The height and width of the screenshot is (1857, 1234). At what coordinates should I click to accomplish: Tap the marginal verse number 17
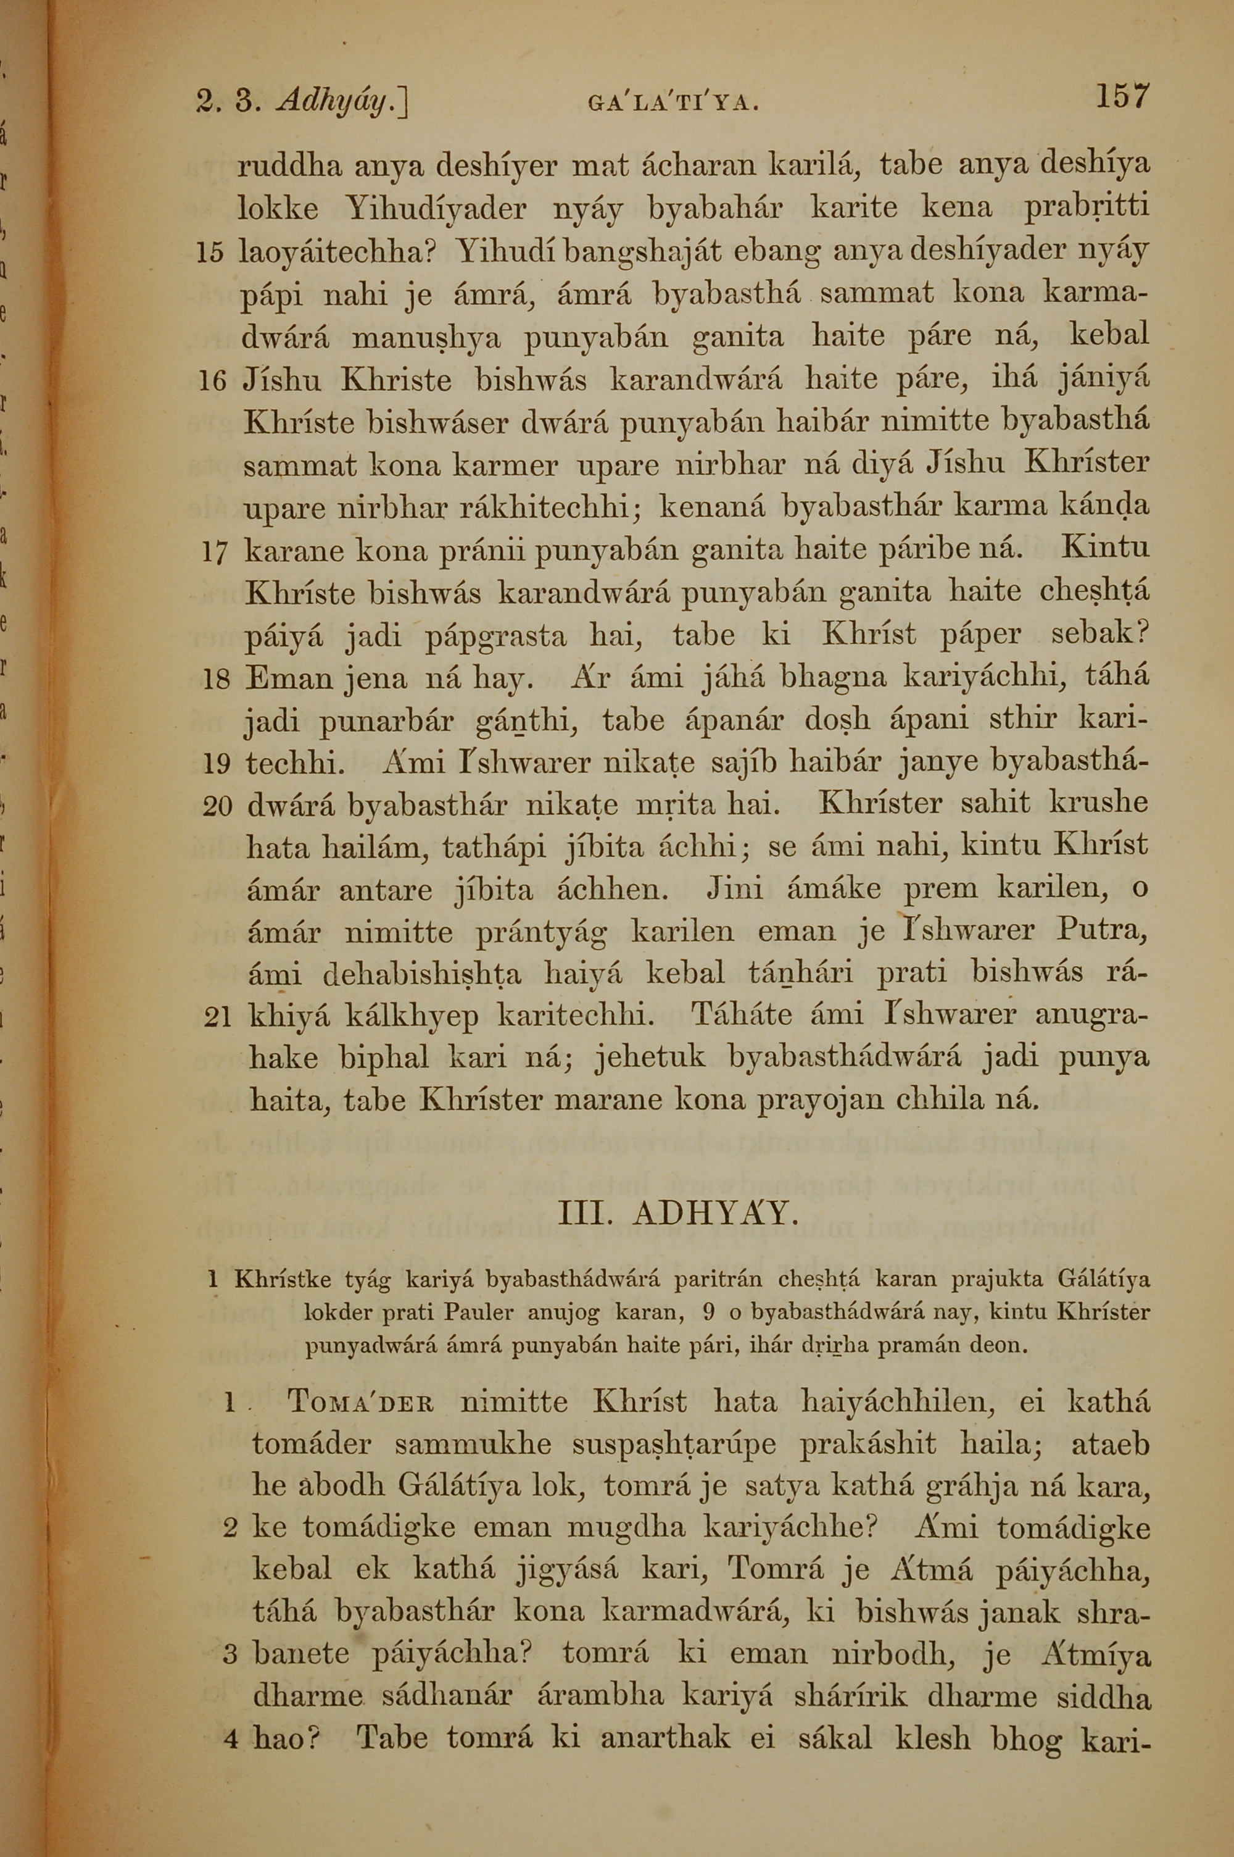[x=214, y=553]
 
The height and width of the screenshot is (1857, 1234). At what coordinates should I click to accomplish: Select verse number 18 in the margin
[x=215, y=681]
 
